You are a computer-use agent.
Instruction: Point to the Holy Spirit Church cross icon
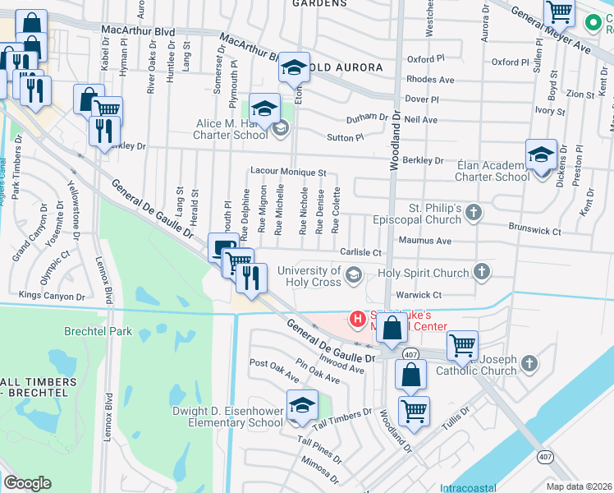coord(483,272)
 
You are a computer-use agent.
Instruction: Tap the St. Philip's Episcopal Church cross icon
coord(473,214)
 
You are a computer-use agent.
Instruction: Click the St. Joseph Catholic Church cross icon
coord(529,362)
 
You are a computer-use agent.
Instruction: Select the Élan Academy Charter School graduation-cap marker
coord(541,155)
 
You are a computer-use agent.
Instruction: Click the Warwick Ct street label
coord(420,294)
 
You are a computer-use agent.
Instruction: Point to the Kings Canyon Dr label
coord(52,295)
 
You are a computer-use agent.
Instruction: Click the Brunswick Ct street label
coord(534,232)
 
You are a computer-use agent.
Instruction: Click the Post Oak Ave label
coord(274,370)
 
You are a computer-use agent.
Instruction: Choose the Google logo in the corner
coord(27,483)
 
